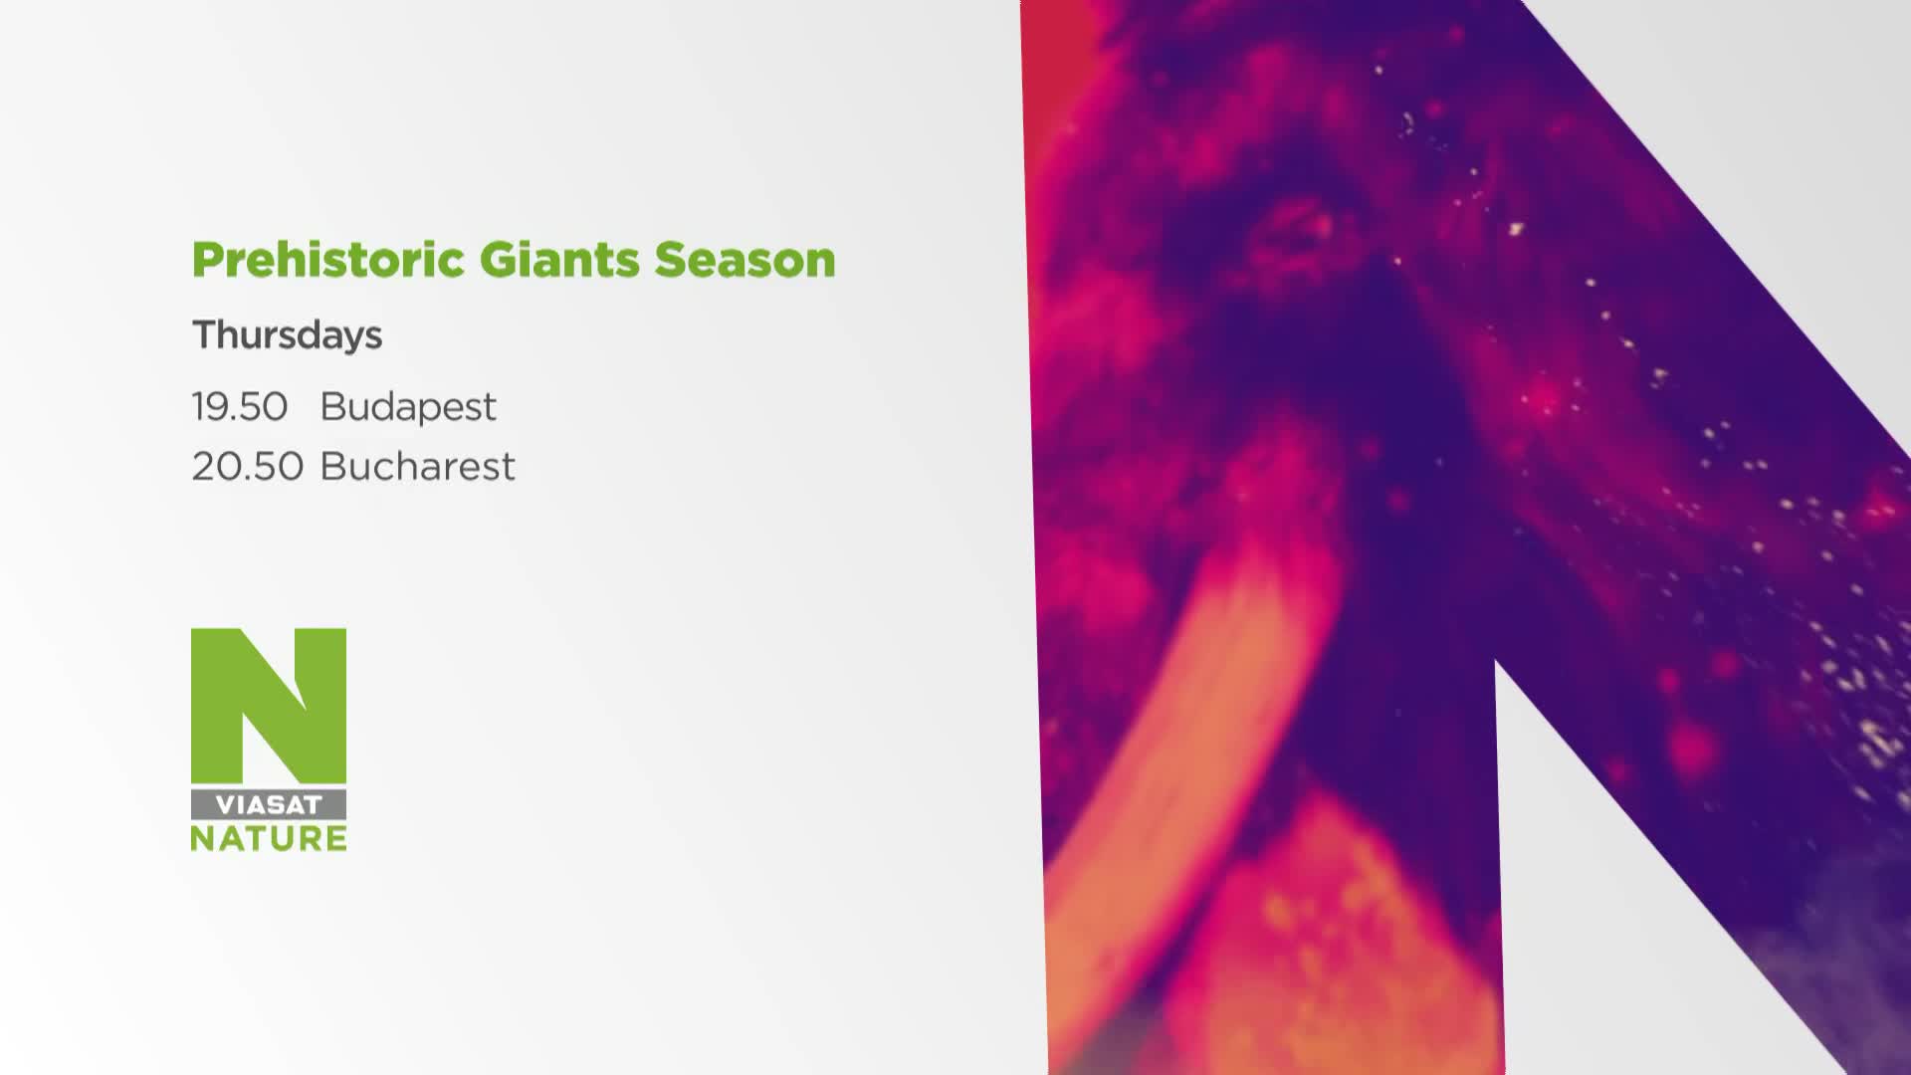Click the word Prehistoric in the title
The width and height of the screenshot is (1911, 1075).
[328, 261]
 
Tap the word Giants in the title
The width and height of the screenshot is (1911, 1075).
[559, 261]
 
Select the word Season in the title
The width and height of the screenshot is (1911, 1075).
[744, 261]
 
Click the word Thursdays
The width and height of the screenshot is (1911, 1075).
[287, 335]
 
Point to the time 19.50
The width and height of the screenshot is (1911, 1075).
[240, 407]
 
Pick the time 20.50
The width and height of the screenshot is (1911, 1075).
[248, 467]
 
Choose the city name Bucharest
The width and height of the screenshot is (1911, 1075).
[418, 467]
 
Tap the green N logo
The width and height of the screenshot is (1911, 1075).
[269, 705]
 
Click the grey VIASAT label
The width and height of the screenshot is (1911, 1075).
[269, 804]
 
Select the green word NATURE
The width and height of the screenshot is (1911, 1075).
[269, 838]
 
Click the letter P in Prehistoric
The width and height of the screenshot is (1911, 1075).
[208, 261]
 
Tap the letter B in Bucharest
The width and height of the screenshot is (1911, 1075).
[332, 467]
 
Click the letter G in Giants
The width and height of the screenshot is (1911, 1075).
[498, 260]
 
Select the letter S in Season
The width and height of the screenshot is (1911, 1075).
[670, 260]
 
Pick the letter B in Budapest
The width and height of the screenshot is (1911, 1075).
[332, 407]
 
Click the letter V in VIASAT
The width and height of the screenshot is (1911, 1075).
[226, 804]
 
